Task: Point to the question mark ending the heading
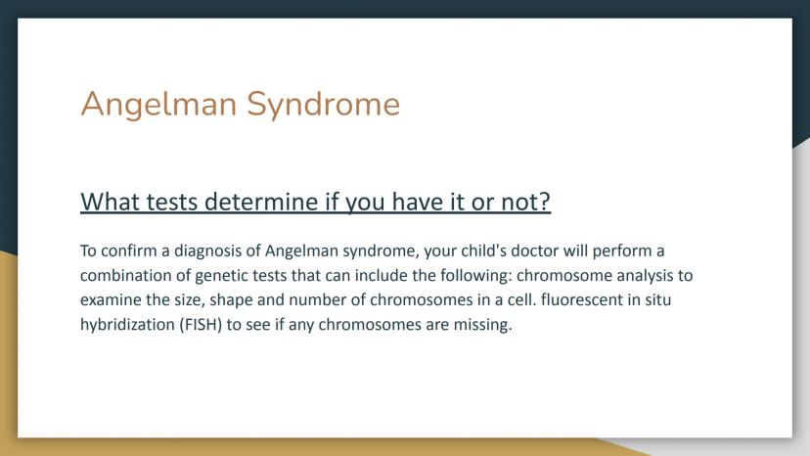pos(545,202)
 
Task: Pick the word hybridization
pos(127,325)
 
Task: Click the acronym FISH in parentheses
pos(201,325)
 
